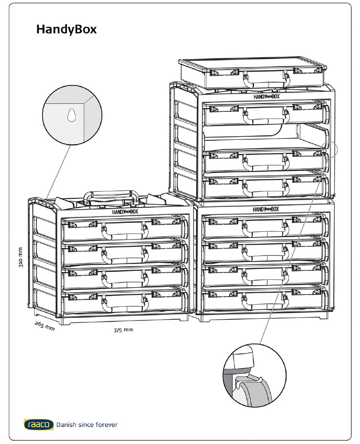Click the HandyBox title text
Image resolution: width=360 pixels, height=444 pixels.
(x=66, y=30)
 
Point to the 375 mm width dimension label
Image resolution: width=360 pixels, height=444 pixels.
(x=123, y=330)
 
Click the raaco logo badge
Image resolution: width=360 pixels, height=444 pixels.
(x=39, y=424)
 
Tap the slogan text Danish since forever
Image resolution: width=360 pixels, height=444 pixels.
(x=87, y=425)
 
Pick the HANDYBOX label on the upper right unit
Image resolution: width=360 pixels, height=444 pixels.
(x=266, y=96)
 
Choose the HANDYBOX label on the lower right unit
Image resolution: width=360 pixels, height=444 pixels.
(x=266, y=209)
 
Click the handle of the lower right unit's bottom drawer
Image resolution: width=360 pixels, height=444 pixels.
(x=265, y=302)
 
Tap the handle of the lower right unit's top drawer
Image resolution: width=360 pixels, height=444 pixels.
(x=265, y=228)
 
